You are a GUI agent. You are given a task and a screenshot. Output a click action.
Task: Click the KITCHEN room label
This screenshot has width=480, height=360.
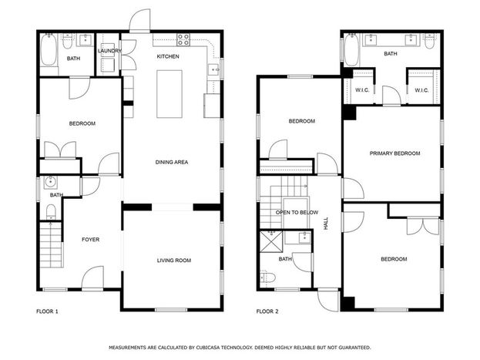click(168, 56)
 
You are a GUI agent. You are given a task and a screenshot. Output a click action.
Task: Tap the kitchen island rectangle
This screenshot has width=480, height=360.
click(170, 94)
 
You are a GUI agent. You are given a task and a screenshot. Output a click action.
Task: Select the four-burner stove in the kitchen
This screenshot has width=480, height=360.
click(183, 40)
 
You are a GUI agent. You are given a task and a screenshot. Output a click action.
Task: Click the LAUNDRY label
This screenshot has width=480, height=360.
click(109, 51)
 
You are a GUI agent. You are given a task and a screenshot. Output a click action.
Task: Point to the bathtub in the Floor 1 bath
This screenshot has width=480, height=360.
click(49, 49)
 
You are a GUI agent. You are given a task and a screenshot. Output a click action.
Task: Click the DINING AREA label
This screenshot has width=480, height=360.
click(172, 162)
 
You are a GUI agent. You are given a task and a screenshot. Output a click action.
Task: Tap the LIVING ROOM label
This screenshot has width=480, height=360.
click(174, 261)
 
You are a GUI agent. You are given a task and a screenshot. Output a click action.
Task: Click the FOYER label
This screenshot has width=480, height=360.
click(91, 239)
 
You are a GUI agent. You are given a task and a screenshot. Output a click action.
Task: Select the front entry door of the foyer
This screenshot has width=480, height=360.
click(92, 278)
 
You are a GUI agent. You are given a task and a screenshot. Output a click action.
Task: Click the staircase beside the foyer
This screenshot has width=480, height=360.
click(51, 244)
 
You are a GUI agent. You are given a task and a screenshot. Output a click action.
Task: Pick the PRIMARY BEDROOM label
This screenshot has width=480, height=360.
click(394, 153)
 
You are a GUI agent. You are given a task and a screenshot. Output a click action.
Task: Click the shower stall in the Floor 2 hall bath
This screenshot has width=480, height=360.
click(271, 242)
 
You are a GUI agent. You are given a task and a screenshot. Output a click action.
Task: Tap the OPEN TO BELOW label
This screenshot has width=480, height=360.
click(297, 212)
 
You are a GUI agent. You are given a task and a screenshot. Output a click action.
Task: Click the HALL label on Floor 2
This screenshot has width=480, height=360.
click(326, 224)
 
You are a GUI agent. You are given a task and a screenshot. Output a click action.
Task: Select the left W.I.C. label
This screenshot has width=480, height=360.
click(362, 90)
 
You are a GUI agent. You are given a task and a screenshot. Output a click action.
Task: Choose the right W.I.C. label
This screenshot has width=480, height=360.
click(421, 90)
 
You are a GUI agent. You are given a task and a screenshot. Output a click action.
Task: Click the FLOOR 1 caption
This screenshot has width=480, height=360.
click(47, 311)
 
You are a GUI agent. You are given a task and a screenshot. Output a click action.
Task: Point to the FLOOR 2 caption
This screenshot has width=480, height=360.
click(267, 311)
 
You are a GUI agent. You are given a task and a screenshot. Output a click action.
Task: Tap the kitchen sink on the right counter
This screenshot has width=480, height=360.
click(213, 70)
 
